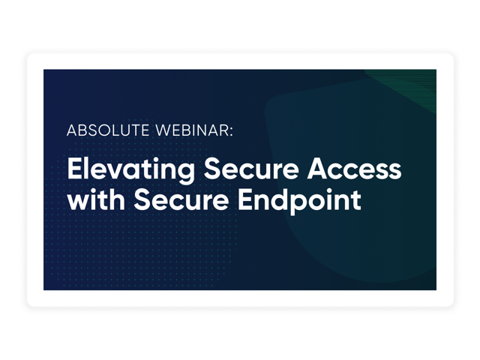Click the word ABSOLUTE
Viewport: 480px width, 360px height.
click(x=108, y=130)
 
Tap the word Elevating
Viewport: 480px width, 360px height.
click(x=131, y=170)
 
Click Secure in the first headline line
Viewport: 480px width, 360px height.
click(x=251, y=169)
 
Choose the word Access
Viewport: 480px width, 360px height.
click(x=355, y=169)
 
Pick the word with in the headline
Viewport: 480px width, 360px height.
click(x=96, y=199)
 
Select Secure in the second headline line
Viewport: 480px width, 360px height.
click(x=181, y=199)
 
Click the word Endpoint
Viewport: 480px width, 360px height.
click(x=299, y=201)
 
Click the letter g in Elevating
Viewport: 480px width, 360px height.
click(x=184, y=174)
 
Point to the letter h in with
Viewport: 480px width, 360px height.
click(x=115, y=199)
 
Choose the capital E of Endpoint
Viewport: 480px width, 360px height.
click(x=245, y=199)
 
